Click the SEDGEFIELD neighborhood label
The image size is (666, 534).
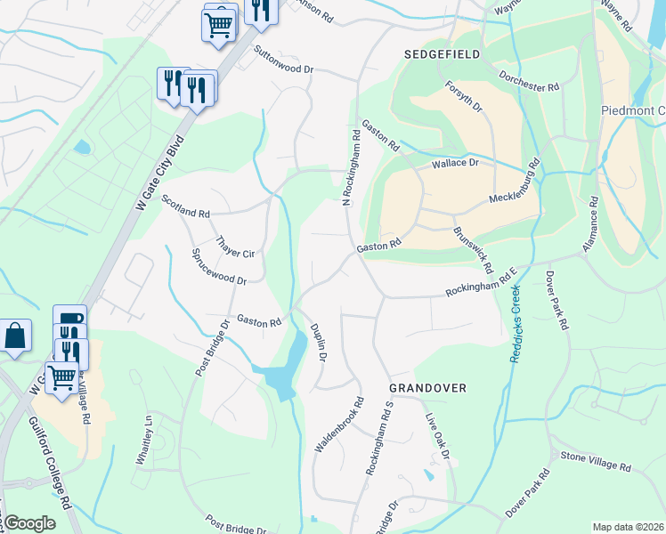click(x=443, y=54)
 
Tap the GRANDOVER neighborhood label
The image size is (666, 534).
click(x=427, y=389)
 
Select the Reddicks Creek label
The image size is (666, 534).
click(x=514, y=328)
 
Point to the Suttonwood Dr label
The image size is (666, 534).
click(x=284, y=60)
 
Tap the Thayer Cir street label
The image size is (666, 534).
click(x=236, y=247)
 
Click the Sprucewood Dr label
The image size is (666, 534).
click(x=219, y=266)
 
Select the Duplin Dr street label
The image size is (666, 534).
click(x=318, y=343)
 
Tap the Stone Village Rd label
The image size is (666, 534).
click(x=595, y=462)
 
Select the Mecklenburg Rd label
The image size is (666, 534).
click(x=515, y=187)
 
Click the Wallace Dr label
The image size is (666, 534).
click(x=455, y=164)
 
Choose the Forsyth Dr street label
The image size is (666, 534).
click(x=464, y=98)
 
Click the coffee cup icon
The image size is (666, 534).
click(x=69, y=320)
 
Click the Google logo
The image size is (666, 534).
click(x=29, y=523)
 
